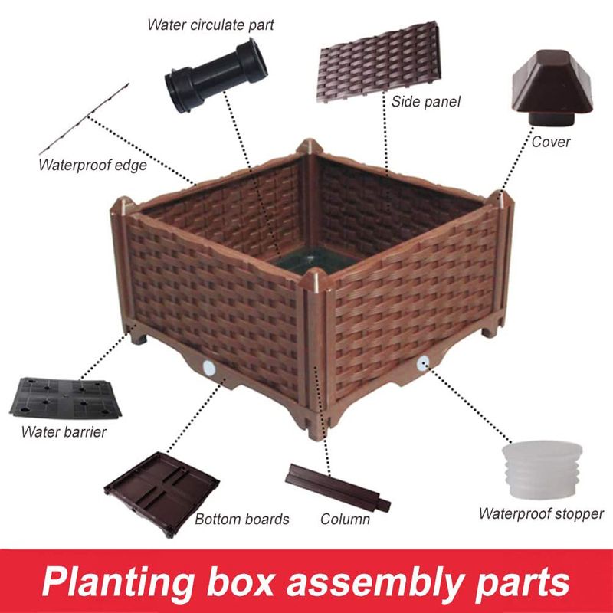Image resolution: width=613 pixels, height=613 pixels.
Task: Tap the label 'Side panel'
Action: click(425, 101)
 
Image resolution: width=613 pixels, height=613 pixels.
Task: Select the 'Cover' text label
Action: click(551, 141)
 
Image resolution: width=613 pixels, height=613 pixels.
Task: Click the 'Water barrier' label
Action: click(64, 431)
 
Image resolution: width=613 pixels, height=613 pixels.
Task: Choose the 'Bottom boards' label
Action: click(241, 519)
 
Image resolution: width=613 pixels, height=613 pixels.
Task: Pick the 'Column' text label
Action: click(345, 519)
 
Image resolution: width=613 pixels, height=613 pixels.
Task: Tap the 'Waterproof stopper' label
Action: click(541, 513)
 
